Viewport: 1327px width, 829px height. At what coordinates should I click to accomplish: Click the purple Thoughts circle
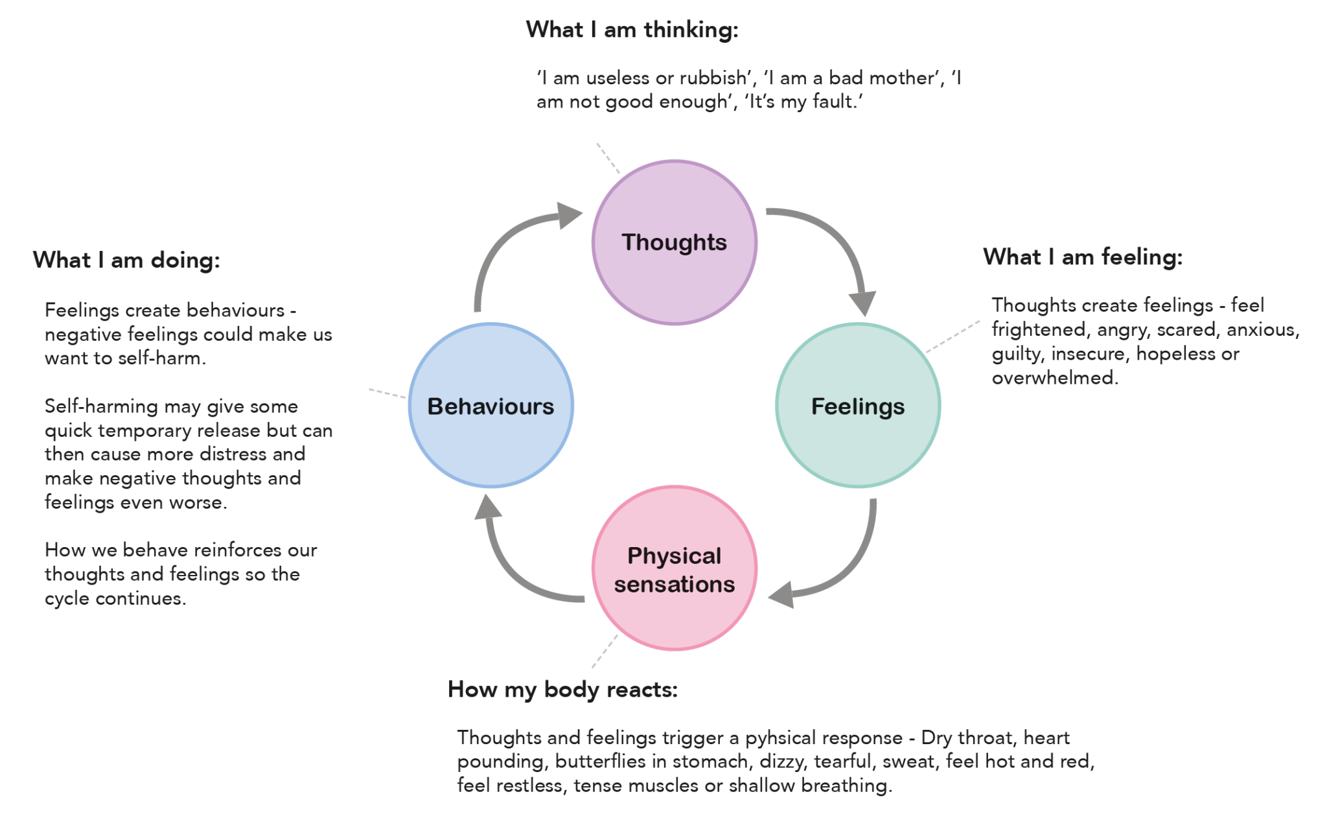[x=674, y=242]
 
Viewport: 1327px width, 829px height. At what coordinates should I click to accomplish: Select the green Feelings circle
[x=857, y=406]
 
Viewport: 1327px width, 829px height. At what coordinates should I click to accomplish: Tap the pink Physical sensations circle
[x=674, y=568]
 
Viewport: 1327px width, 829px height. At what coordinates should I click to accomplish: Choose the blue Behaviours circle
[x=490, y=406]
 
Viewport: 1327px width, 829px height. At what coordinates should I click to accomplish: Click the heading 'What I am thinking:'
[x=632, y=30]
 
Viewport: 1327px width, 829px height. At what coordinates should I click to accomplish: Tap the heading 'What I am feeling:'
[x=1082, y=257]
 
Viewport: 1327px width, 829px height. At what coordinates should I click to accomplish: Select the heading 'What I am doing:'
[x=126, y=261]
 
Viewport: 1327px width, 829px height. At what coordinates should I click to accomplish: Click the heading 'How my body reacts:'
[x=562, y=690]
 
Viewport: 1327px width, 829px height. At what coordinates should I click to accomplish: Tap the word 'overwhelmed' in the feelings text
[x=1054, y=378]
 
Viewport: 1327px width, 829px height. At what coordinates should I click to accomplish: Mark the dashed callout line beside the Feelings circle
[x=952, y=336]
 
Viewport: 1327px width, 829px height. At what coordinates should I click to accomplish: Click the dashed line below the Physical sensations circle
[x=605, y=651]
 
